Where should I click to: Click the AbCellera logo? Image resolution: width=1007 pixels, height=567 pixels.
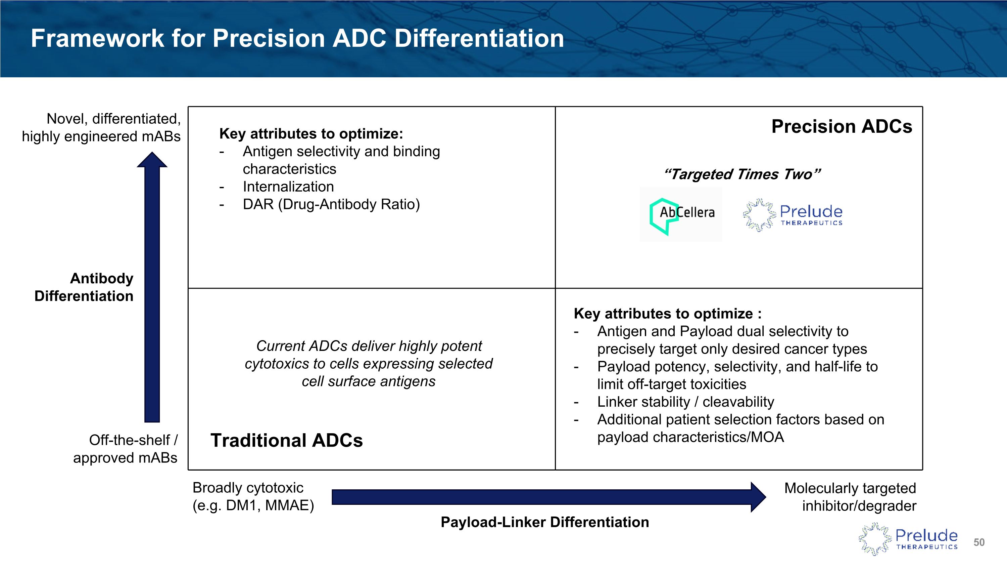[681, 214]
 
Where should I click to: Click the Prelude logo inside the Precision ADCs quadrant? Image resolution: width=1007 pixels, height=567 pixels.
[793, 215]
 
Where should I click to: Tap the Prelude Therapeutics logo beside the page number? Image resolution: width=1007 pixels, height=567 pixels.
[908, 539]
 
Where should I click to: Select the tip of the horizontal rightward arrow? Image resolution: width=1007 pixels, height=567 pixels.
[766, 497]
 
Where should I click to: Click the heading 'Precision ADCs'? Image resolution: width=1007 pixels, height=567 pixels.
[842, 126]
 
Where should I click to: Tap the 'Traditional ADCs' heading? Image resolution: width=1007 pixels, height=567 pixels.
[287, 440]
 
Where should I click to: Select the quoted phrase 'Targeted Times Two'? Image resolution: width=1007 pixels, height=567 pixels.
[742, 174]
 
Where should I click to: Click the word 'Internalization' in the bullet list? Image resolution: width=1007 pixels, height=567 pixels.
[288, 187]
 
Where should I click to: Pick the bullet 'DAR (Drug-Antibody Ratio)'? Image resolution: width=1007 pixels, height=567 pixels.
[331, 204]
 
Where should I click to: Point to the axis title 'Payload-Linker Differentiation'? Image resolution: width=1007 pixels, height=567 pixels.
[544, 522]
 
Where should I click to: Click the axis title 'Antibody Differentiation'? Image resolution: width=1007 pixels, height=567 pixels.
[84, 287]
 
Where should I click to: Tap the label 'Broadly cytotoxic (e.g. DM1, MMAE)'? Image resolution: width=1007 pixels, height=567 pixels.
[253, 496]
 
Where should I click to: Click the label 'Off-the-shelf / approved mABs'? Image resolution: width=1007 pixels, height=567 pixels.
[125, 449]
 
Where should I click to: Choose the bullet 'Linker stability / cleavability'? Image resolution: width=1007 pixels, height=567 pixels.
[686, 402]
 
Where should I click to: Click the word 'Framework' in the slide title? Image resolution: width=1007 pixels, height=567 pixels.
[97, 38]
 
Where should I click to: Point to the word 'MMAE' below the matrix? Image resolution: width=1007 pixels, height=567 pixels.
[289, 505]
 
